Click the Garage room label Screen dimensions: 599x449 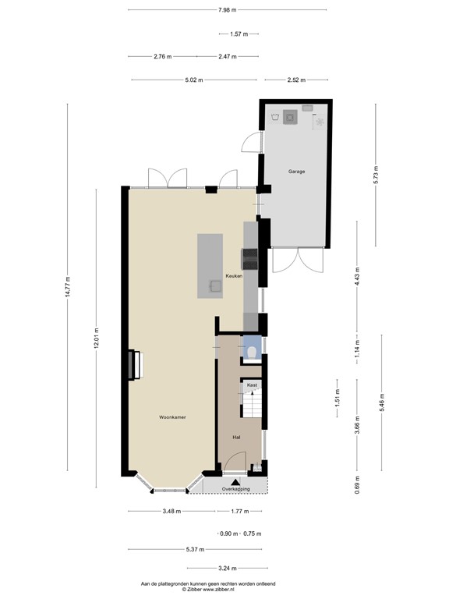click(296, 171)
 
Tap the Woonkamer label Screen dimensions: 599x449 click(171, 417)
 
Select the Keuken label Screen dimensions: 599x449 click(235, 276)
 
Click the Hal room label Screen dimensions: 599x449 click(235, 438)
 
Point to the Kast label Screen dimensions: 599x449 click(252, 385)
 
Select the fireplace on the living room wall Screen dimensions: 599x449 click(135, 365)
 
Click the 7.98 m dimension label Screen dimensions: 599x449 click(229, 9)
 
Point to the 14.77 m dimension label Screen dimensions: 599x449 click(68, 288)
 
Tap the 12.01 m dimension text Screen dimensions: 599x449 click(96, 340)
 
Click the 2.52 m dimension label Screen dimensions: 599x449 click(295, 80)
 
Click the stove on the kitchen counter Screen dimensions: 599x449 click(250, 257)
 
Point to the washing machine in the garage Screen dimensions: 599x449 click(291, 117)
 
